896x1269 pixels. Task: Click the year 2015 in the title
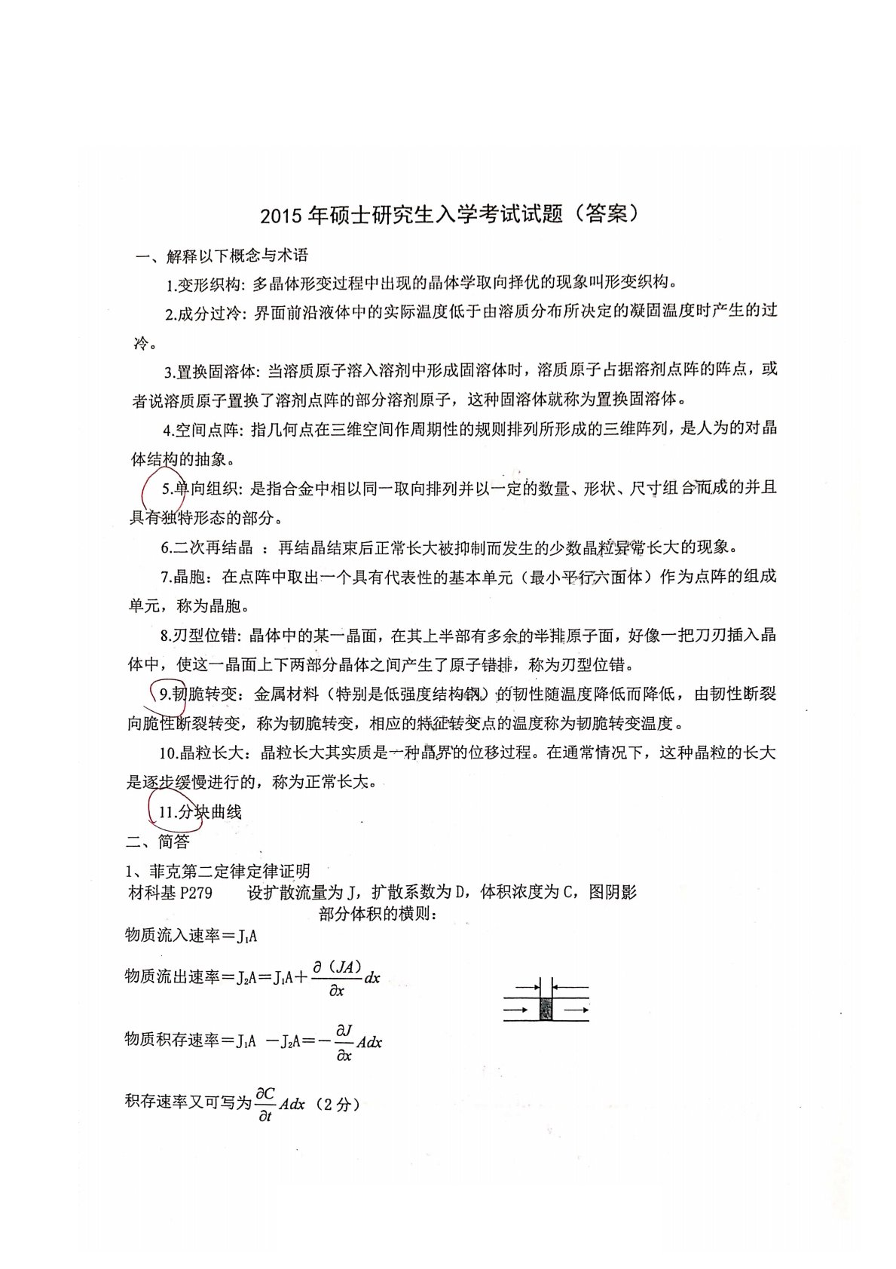(x=280, y=216)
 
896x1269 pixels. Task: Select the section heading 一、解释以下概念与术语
(x=222, y=256)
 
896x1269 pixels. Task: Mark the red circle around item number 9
(x=166, y=694)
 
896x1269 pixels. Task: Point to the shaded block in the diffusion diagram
(x=546, y=1008)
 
